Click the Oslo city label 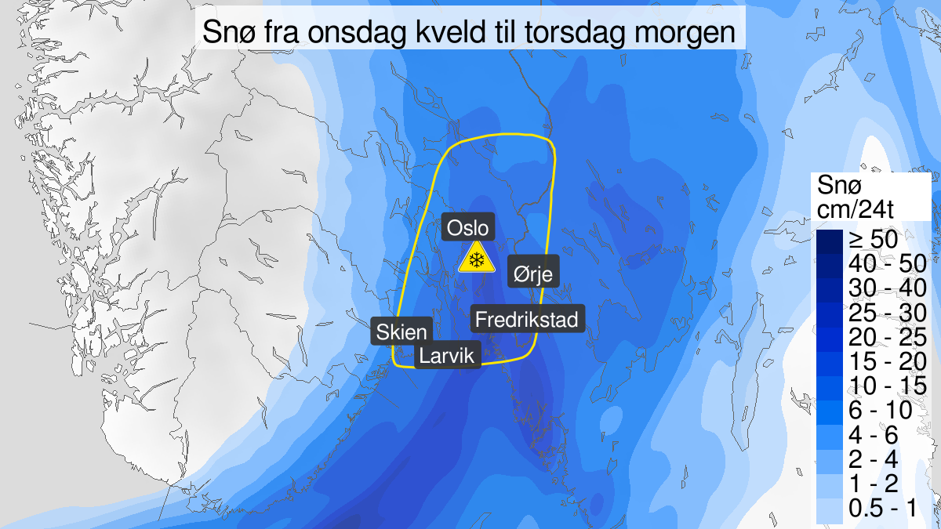tap(469, 228)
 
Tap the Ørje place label tap(533, 273)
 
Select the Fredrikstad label tap(527, 319)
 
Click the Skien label tap(401, 331)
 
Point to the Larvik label tap(447, 357)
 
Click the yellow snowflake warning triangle tap(475, 258)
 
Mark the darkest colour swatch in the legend tap(830, 241)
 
